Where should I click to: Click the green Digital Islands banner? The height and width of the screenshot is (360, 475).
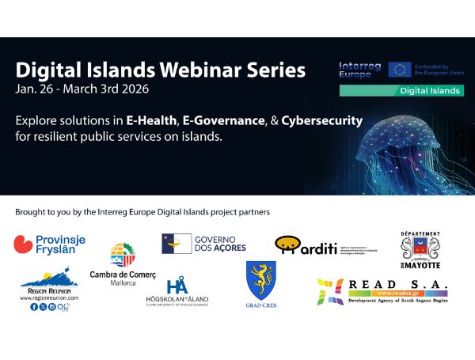pyautogui.click(x=402, y=90)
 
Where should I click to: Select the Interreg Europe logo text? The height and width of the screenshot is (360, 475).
pyautogui.click(x=360, y=69)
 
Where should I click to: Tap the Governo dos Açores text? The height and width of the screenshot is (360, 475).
pyautogui.click(x=221, y=242)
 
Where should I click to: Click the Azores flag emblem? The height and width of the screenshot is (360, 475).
pyautogui.click(x=175, y=243)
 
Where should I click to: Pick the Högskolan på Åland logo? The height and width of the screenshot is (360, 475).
pyautogui.click(x=177, y=292)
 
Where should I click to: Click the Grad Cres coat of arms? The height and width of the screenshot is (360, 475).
pyautogui.click(x=260, y=280)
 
